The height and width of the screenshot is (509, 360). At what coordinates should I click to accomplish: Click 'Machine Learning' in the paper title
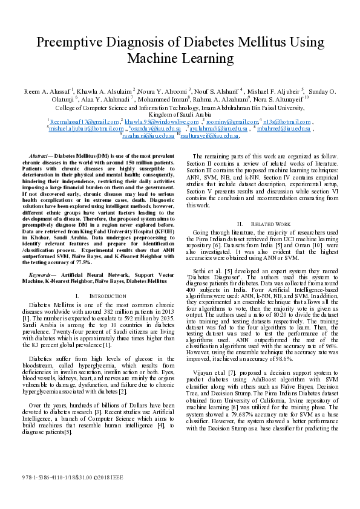coord(180,59)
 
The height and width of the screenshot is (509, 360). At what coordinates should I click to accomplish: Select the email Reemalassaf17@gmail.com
coord(84,122)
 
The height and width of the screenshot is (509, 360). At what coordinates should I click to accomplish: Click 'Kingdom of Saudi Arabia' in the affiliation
coord(180,114)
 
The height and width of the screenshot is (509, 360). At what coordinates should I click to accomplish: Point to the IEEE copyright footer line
coord(76,477)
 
